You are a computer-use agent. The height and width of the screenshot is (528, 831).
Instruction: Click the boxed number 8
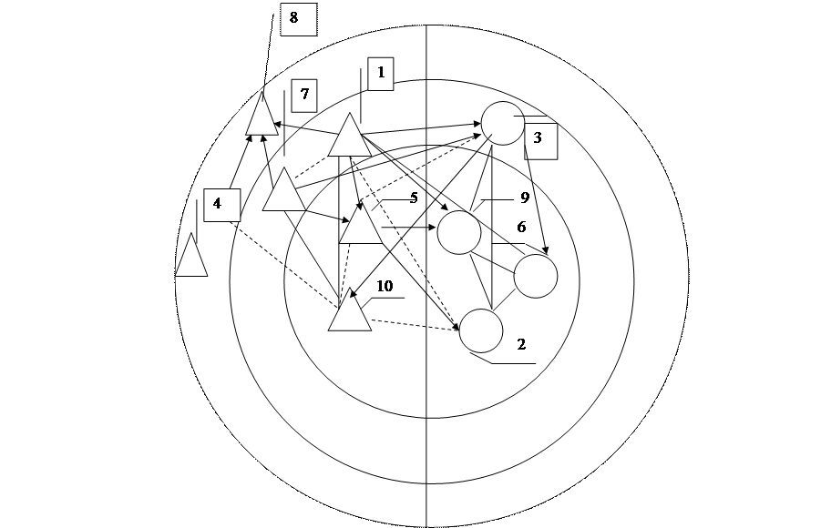coord(298,19)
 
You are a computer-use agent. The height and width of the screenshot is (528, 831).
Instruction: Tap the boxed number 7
coord(304,95)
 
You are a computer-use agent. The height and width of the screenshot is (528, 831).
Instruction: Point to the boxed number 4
coord(221,205)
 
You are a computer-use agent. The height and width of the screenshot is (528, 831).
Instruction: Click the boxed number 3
coord(540,140)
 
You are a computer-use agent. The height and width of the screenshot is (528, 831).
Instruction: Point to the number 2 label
coord(520,344)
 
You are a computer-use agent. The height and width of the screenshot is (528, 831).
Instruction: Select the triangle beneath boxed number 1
coord(348,137)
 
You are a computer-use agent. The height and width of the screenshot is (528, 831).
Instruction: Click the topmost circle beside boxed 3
coord(503,122)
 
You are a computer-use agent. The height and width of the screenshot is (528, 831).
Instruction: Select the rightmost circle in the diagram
coord(535,277)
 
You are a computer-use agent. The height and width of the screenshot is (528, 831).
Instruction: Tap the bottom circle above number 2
coord(481,330)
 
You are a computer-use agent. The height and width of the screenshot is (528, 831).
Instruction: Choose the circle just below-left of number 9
coord(459,232)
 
